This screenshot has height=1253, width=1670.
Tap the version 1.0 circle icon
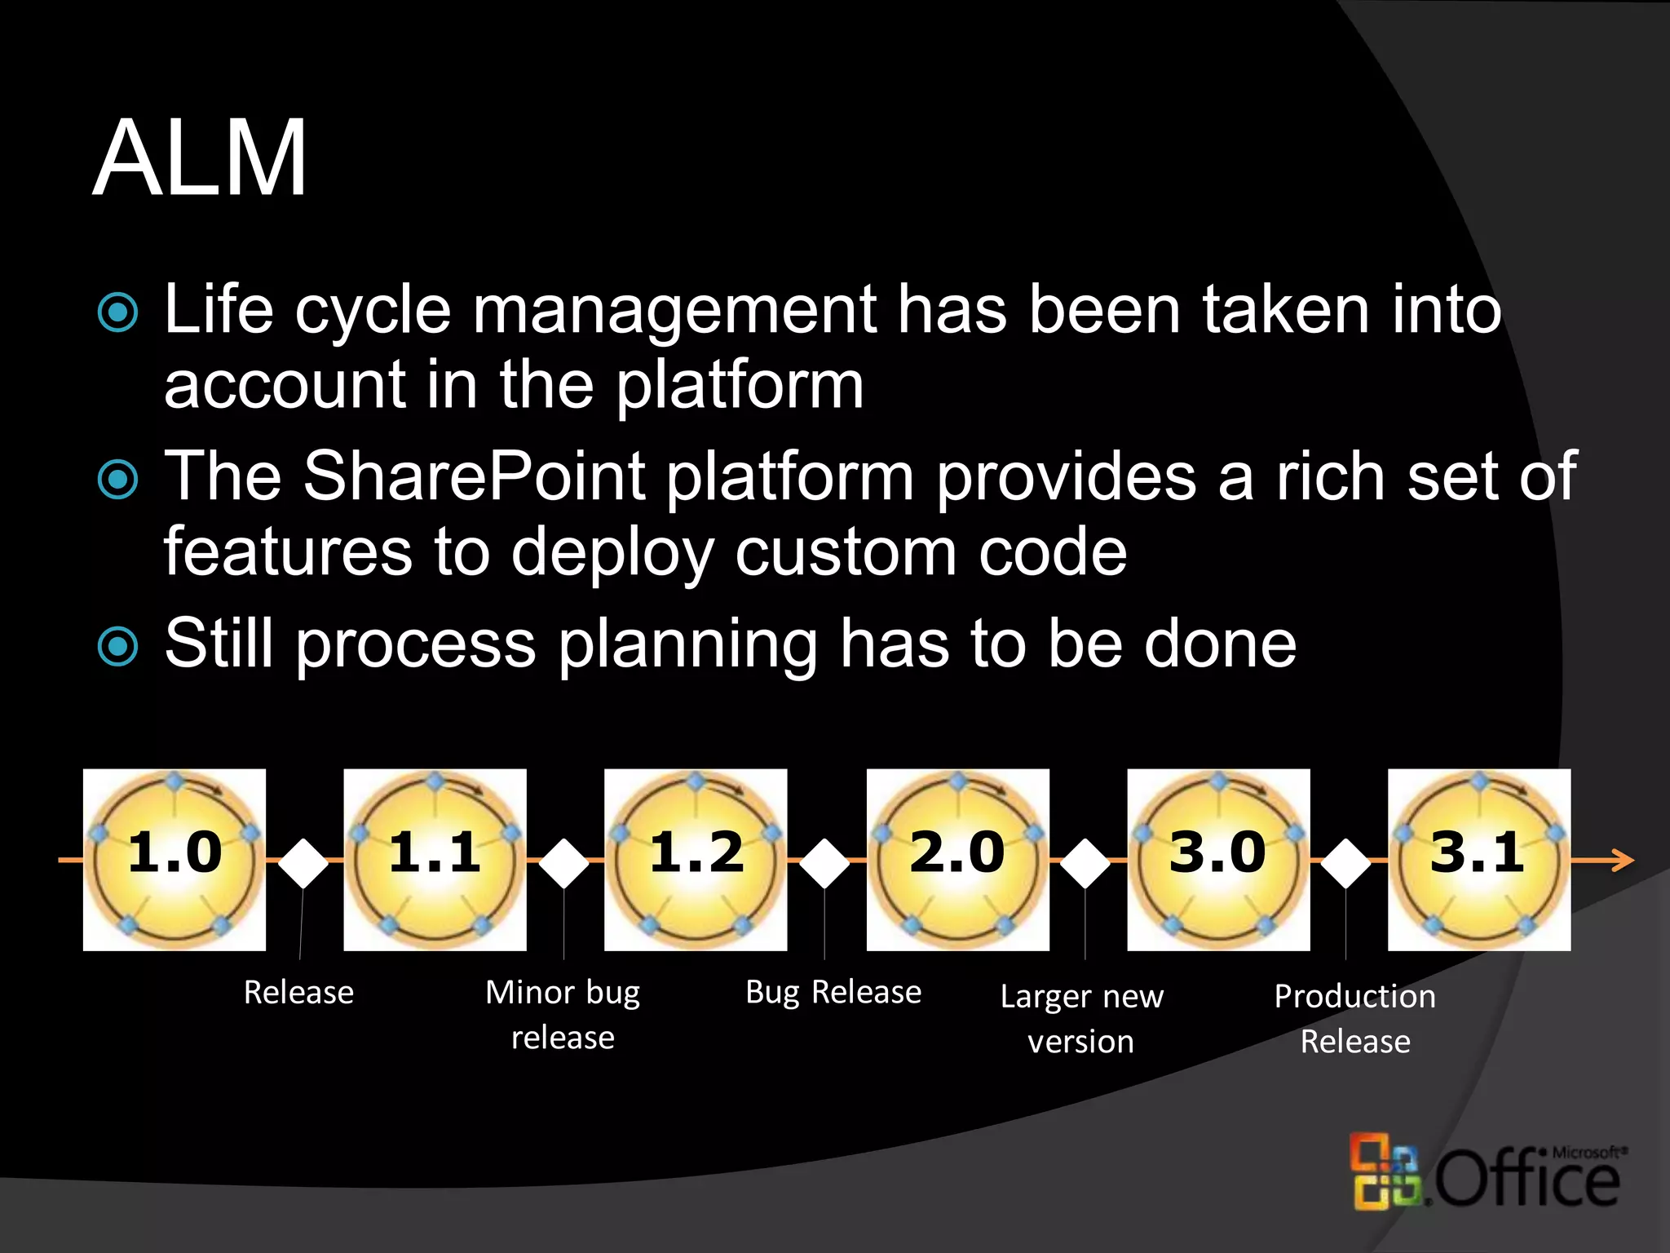pyautogui.click(x=175, y=860)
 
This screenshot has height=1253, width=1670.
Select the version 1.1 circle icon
pyautogui.click(x=435, y=860)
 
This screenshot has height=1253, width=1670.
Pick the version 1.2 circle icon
pyautogui.click(x=696, y=860)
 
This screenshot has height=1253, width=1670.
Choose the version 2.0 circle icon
pyautogui.click(x=957, y=860)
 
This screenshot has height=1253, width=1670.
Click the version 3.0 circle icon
pyautogui.click(x=1218, y=860)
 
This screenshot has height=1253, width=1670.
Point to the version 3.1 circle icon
pyautogui.click(x=1479, y=860)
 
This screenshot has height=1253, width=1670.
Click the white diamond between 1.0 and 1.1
pyautogui.click(x=303, y=862)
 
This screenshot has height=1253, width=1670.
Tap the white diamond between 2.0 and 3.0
pyautogui.click(x=1085, y=862)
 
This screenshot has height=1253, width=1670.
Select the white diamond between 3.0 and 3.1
pyautogui.click(x=1346, y=862)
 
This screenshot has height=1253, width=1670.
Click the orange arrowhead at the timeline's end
pyautogui.click(x=1623, y=861)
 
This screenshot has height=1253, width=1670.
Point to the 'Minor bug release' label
pyautogui.click(x=563, y=1014)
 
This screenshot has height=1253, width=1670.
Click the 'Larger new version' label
pyautogui.click(x=1081, y=1018)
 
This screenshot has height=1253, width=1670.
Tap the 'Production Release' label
pyautogui.click(x=1355, y=1018)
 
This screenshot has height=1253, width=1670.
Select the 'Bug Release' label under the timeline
pyautogui.click(x=833, y=992)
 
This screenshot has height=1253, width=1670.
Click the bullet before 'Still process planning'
pyautogui.click(x=118, y=646)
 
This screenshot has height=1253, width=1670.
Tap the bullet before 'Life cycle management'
pyautogui.click(x=118, y=312)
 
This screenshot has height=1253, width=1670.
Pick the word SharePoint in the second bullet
pyautogui.click(x=475, y=476)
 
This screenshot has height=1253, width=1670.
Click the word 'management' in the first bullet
pyautogui.click(x=675, y=312)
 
